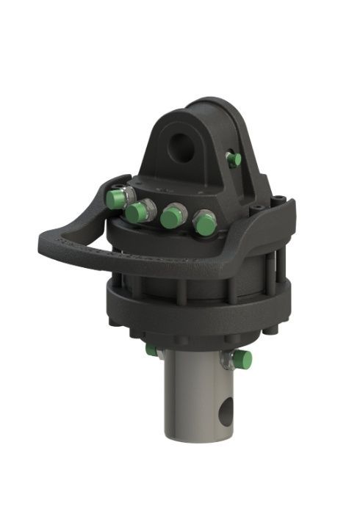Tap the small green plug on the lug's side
(234, 159)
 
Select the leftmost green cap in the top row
(115, 199)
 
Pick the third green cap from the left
(173, 217)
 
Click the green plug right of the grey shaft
(242, 360)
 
